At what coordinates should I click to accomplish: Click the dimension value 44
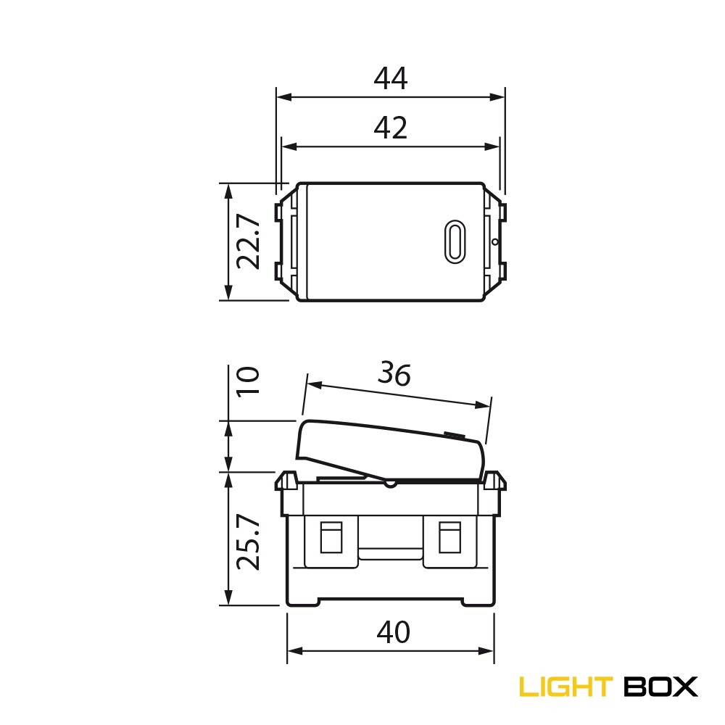[391, 78]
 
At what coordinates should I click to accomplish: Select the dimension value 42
[391, 128]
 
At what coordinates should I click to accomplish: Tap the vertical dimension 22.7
[248, 241]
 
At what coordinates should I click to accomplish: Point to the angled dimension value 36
[394, 374]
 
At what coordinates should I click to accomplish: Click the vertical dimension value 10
[248, 381]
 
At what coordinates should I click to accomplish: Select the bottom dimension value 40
[393, 633]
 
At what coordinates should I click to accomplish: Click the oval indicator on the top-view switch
[455, 241]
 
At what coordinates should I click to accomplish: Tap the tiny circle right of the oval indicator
[494, 241]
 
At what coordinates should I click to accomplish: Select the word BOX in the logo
[660, 686]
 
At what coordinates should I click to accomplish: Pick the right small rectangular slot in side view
[450, 537]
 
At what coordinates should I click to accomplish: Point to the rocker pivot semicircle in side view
[391, 481]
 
